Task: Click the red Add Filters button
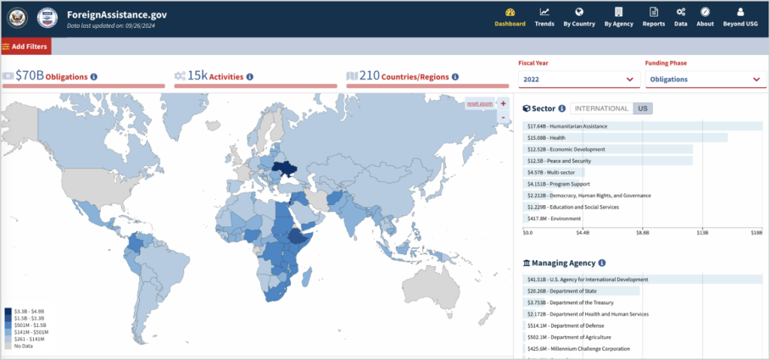click(26, 47)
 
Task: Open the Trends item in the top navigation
click(544, 17)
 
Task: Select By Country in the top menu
click(579, 17)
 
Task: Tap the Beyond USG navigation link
click(740, 17)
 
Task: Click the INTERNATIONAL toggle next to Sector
click(602, 108)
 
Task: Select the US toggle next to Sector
click(642, 108)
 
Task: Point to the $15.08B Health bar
click(624, 138)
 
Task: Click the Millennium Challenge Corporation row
click(579, 349)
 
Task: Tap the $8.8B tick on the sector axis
click(642, 233)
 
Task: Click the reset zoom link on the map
click(479, 103)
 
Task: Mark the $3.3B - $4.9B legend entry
click(24, 310)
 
